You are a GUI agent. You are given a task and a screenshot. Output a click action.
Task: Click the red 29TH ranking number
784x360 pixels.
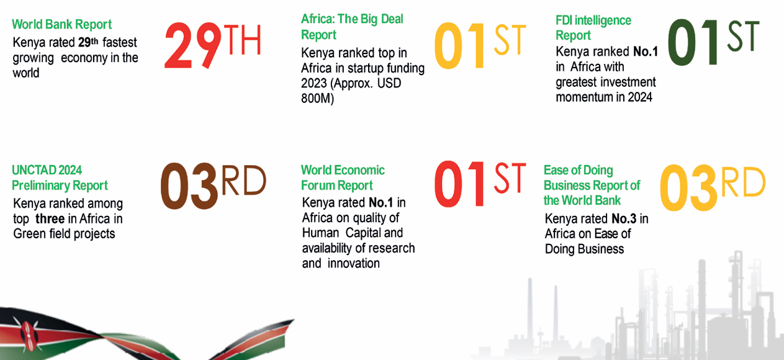point(213,45)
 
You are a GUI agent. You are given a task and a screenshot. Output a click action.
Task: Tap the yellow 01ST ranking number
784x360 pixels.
point(480,45)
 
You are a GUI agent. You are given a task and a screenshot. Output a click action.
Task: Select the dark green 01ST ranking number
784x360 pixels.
point(713,42)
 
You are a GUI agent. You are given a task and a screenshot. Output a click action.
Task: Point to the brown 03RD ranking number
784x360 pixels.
point(213,186)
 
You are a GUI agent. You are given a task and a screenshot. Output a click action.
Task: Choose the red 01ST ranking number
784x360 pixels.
point(480,184)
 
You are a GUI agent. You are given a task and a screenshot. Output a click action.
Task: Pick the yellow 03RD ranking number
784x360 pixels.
point(713,187)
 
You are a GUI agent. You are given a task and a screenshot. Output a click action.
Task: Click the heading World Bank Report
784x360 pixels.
point(62,24)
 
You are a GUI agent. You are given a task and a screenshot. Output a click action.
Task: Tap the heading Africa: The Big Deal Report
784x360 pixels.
point(352,27)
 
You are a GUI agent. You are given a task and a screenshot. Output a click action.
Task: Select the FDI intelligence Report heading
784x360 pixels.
point(593,28)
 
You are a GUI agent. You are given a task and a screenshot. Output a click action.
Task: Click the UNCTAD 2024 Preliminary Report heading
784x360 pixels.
point(60,178)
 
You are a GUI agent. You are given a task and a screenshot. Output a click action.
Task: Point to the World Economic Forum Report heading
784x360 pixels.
point(343,178)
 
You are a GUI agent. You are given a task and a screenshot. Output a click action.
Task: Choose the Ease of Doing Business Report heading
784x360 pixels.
point(592,185)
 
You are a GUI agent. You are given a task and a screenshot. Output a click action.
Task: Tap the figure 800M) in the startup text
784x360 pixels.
point(317,98)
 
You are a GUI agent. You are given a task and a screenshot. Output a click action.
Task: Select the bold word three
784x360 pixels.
point(50,218)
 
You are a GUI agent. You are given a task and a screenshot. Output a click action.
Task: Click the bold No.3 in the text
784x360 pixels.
point(624,218)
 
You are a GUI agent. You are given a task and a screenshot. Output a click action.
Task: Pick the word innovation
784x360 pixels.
point(353,263)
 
